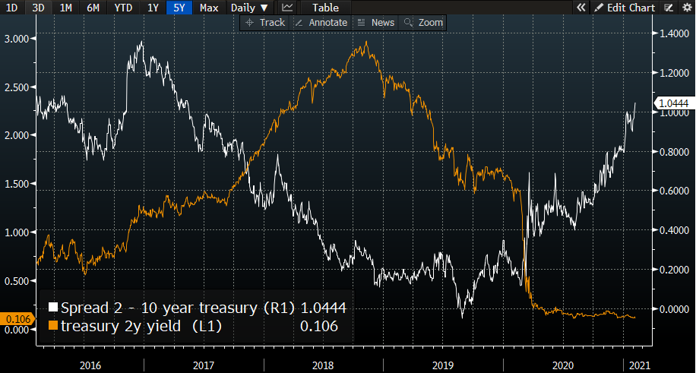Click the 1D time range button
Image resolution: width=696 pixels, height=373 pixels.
pyautogui.click(x=12, y=8)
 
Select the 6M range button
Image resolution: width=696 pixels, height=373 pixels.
pyautogui.click(x=93, y=8)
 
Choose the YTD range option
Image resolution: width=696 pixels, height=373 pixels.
pyautogui.click(x=122, y=8)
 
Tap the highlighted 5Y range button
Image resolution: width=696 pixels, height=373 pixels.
pyautogui.click(x=179, y=8)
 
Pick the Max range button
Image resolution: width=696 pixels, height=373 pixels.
pyautogui.click(x=209, y=8)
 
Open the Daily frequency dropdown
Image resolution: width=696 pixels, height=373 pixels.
pyautogui.click(x=249, y=8)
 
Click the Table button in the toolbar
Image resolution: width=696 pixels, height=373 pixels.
pyautogui.click(x=325, y=8)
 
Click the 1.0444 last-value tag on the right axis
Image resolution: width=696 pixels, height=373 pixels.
pyautogui.click(x=673, y=103)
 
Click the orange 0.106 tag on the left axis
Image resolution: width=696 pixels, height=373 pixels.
pyautogui.click(x=15, y=319)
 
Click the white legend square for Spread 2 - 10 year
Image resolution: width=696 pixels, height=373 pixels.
pyautogui.click(x=53, y=308)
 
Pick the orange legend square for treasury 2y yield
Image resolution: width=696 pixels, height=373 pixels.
pyautogui.click(x=53, y=326)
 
